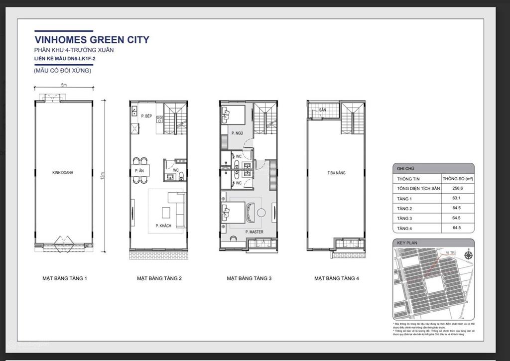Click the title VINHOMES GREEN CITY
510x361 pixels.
[92, 40]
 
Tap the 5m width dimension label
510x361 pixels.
[64, 85]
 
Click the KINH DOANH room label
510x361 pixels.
[63, 173]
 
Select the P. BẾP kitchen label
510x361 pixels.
[146, 116]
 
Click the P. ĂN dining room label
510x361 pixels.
[139, 171]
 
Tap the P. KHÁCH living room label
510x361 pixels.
[163, 226]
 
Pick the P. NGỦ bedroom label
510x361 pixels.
[236, 133]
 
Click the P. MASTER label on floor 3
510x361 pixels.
[254, 232]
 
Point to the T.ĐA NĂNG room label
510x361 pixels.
[337, 173]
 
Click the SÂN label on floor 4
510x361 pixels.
[322, 110]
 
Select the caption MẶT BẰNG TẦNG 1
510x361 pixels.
[64, 278]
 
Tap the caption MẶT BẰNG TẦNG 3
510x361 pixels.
[249, 278]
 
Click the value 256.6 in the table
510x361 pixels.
[458, 188]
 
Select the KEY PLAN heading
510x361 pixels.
[407, 243]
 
